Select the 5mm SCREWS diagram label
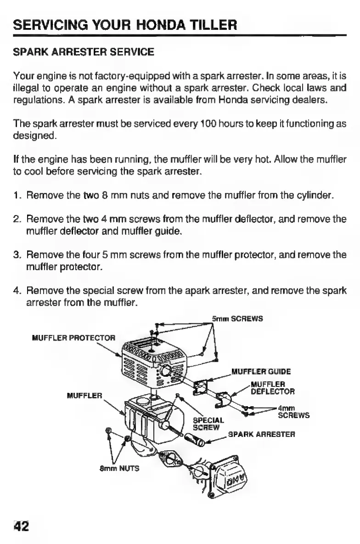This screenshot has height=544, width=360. [237, 318]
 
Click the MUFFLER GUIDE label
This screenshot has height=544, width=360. [261, 371]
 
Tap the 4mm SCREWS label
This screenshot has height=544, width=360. [293, 411]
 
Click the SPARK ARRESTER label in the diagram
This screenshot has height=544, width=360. [261, 434]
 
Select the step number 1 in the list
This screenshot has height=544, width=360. [16, 197]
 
